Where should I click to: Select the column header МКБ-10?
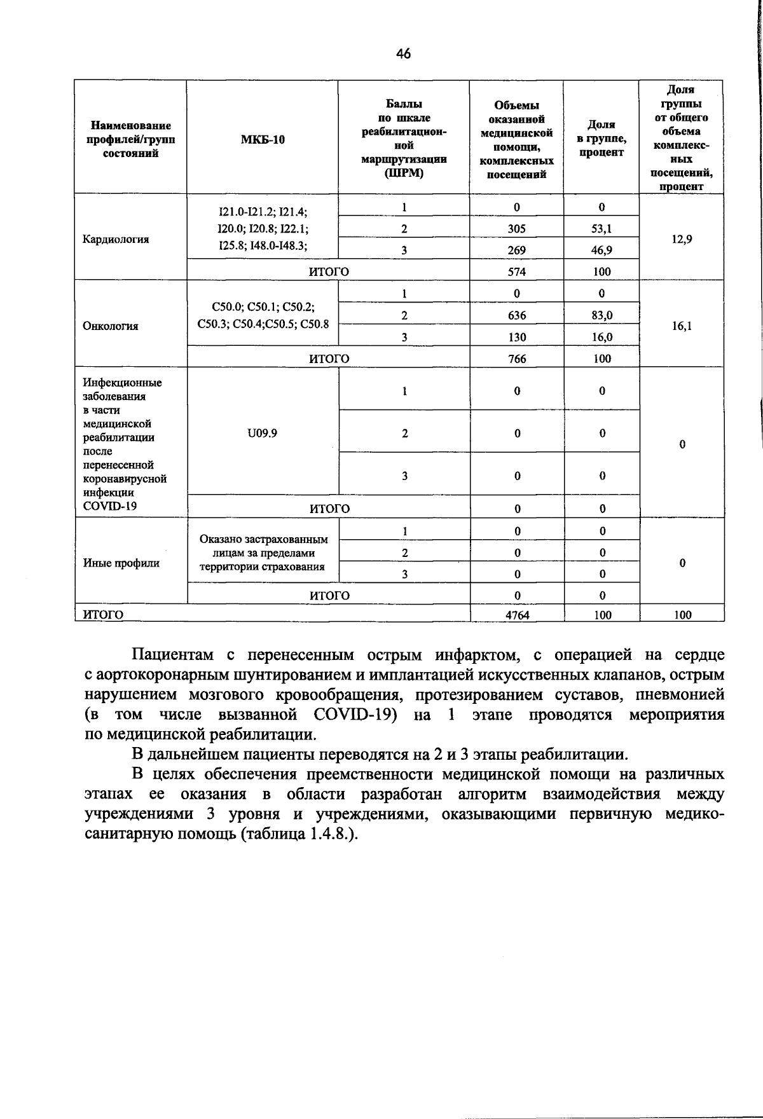click(263, 140)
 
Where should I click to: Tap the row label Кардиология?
click(116, 240)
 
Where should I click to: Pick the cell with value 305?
click(517, 229)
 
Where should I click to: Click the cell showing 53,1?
click(601, 229)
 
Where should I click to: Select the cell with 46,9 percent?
click(601, 251)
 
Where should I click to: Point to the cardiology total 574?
click(517, 271)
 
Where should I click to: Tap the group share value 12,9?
click(682, 240)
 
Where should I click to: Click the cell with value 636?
click(517, 315)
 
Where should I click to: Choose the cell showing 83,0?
click(601, 315)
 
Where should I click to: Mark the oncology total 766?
click(517, 359)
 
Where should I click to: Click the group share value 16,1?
click(682, 326)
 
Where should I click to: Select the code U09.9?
click(263, 433)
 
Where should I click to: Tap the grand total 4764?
click(517, 615)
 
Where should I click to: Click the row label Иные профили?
click(121, 563)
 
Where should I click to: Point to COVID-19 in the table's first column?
click(110, 507)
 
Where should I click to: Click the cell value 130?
click(517, 337)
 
